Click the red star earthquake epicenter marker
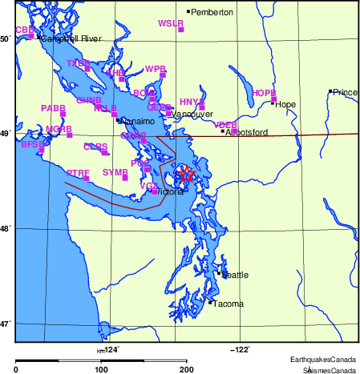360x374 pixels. click(x=186, y=174)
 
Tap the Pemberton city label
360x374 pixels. click(x=212, y=13)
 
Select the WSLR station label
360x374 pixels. click(x=171, y=24)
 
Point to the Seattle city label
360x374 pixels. click(x=235, y=275)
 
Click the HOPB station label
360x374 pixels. click(x=264, y=94)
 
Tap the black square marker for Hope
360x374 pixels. click(x=273, y=103)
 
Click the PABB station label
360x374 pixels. click(x=53, y=108)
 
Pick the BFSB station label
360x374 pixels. click(x=33, y=145)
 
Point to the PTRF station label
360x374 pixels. click(x=78, y=173)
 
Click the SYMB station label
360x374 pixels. click(x=115, y=172)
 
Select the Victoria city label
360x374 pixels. click(x=172, y=193)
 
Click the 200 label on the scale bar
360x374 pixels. click(x=187, y=369)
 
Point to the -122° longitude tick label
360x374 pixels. click(x=241, y=348)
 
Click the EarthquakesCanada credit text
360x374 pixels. click(x=330, y=360)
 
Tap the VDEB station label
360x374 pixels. click(x=225, y=125)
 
